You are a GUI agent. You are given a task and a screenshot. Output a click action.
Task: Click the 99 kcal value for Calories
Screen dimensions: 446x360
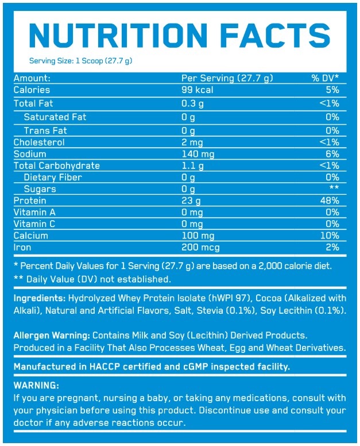[197, 90]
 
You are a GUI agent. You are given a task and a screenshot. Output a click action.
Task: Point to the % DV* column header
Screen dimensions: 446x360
[325, 78]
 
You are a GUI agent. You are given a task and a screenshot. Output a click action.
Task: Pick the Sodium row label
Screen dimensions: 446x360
[30, 154]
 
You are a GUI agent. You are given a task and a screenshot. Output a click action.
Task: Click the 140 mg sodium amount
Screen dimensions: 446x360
[199, 154]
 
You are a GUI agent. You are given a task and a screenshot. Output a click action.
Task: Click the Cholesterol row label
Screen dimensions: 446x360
[39, 143]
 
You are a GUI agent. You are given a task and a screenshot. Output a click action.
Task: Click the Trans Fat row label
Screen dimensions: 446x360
[45, 130]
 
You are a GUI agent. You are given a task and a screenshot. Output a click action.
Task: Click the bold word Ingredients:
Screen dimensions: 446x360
[39, 299]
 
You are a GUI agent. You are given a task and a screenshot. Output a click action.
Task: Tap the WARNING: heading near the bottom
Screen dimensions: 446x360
[36, 385]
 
